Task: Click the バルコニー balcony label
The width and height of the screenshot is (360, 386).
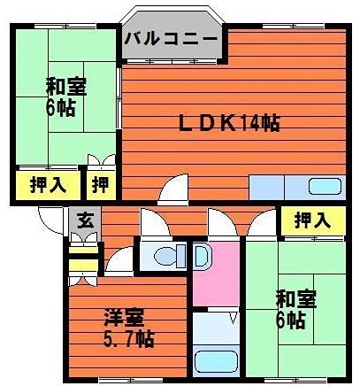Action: (172, 38)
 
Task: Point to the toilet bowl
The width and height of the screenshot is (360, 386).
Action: (165, 257)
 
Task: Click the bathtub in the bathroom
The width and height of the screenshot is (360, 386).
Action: (215, 360)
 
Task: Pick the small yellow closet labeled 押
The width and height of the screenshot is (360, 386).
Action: (100, 186)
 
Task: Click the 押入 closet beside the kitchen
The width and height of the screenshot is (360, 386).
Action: (312, 219)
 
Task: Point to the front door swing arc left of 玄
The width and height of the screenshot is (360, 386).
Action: (51, 220)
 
